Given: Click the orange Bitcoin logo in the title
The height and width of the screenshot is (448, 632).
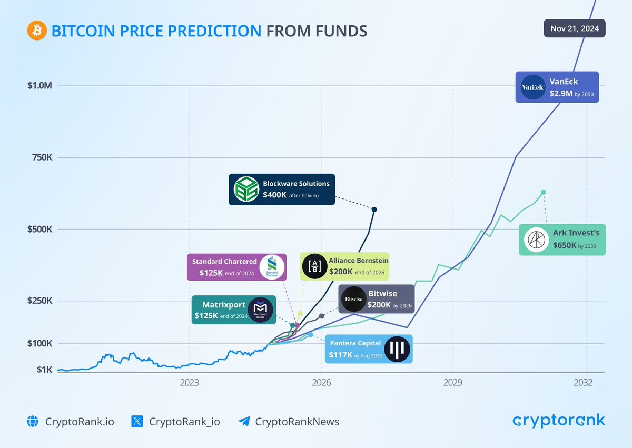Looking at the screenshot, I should coord(37,31).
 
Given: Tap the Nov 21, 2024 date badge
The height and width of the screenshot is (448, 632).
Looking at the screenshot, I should coord(574,28).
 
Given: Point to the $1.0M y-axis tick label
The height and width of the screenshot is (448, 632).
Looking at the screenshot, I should coord(39,86).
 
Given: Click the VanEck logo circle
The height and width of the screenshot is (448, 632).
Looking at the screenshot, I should coord(532,87).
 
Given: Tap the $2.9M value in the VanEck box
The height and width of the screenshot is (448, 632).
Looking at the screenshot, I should coord(560,94).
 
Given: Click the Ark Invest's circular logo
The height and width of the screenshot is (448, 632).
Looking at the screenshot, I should coord(536,240).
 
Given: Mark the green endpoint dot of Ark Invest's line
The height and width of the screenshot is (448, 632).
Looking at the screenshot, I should coord(544,192).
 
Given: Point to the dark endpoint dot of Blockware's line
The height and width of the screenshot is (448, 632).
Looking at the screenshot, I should coord(374,210).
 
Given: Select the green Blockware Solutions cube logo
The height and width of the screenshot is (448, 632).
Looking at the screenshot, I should coord(245,190).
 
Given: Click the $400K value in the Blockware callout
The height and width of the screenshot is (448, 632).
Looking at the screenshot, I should coord(274,195).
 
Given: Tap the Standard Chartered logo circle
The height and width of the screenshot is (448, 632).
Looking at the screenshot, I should coord(272,267).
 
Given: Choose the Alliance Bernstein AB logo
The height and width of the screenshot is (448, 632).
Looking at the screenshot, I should coord(314,266).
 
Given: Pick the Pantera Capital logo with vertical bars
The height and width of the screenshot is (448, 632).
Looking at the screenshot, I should coord(396,350).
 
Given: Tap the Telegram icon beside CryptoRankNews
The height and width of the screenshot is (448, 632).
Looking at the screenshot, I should coord(243,421).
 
